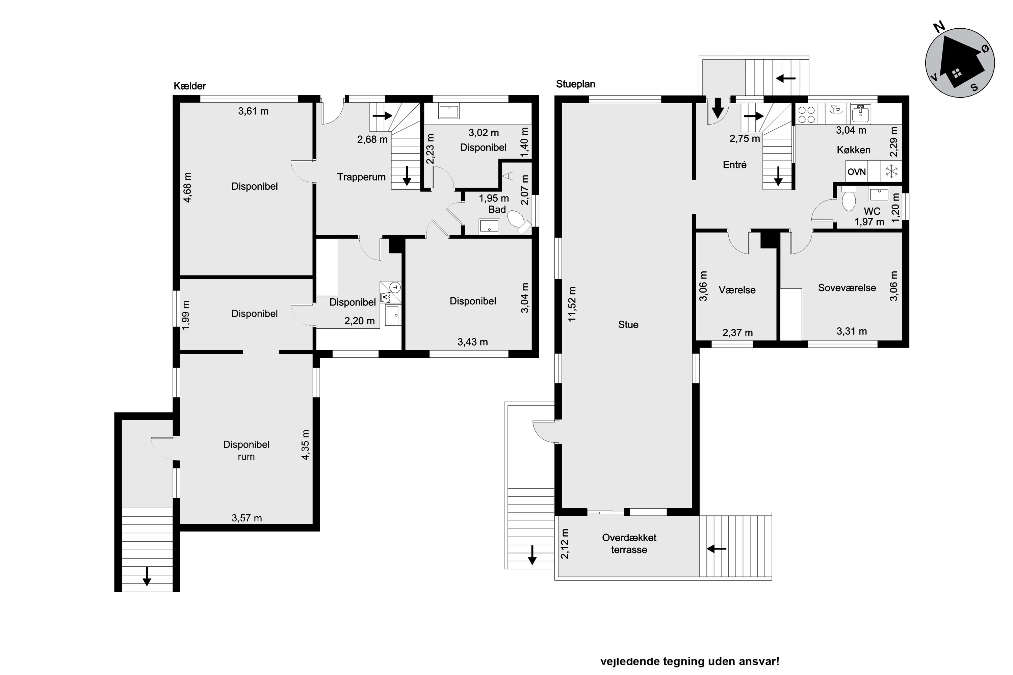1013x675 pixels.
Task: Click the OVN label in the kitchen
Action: (856, 172)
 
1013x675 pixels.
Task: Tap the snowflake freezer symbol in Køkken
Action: (891, 172)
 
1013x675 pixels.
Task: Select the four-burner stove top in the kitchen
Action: (806, 114)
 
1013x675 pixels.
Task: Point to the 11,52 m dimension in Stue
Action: (572, 304)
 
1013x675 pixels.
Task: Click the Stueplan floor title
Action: (575, 84)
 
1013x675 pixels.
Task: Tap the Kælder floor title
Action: (190, 86)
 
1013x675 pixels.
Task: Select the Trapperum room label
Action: (361, 177)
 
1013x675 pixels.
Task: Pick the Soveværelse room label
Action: (847, 288)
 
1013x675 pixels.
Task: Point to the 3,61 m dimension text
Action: (253, 111)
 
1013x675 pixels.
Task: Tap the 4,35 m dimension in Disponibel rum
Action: (305, 445)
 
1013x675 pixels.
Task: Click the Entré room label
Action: (734, 164)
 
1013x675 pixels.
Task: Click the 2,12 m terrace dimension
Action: (564, 544)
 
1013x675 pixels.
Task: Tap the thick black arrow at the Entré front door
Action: (718, 108)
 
